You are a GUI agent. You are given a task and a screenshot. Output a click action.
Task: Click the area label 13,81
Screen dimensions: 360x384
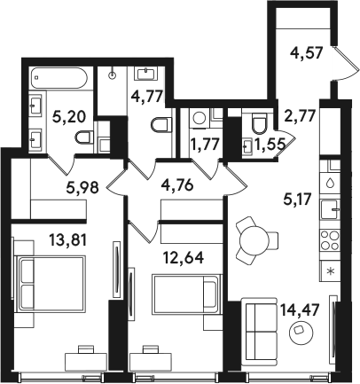point(68,239)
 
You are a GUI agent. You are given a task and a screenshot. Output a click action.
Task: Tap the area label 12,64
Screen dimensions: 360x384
point(184,258)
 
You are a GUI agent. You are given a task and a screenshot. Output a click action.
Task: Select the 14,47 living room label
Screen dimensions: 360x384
point(301,310)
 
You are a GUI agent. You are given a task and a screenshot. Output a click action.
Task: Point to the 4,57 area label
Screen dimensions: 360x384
point(306,54)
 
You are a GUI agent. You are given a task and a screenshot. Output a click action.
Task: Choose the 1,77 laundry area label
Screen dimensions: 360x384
point(205,145)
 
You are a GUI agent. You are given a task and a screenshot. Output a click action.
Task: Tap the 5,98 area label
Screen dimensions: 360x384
point(82,187)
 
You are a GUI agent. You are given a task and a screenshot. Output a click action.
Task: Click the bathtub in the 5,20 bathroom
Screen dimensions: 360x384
point(59,78)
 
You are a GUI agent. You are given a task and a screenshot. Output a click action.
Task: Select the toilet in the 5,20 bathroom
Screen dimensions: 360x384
point(84,137)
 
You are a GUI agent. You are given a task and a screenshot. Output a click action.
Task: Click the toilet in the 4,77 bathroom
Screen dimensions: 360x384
point(161,125)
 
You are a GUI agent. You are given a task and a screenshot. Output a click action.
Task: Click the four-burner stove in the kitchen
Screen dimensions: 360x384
point(330,240)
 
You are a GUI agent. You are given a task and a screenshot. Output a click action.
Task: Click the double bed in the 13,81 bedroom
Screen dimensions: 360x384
point(51,285)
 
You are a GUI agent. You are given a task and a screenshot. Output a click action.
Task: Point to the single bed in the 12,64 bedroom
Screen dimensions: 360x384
point(186,294)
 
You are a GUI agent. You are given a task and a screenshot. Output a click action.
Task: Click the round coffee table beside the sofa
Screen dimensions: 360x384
point(300,333)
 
